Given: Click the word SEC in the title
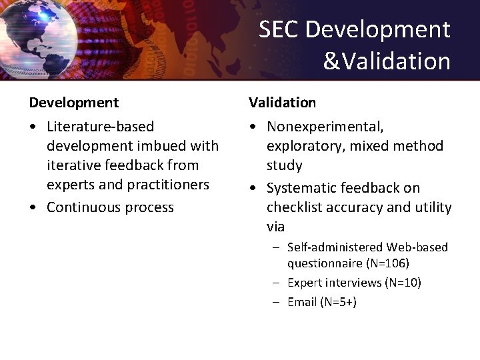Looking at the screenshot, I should [279, 29].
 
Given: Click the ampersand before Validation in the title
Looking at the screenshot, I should [331, 61].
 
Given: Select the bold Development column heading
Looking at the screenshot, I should [74, 103].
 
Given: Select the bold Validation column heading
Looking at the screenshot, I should [283, 103].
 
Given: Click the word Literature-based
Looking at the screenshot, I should [100, 127].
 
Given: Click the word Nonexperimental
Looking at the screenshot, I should [325, 127].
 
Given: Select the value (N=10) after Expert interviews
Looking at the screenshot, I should [403, 283].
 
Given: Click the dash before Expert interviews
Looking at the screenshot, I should [275, 283].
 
